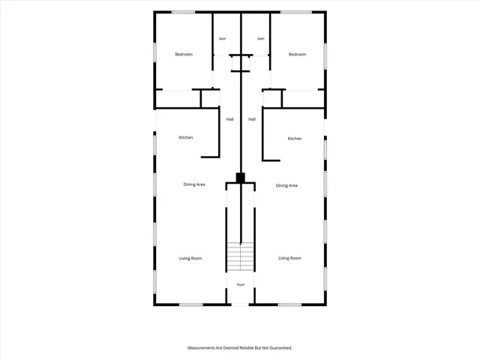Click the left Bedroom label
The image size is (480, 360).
coord(184,55)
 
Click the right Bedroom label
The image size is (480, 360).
coord(297,55)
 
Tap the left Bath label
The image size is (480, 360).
coord(222,39)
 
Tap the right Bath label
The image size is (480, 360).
coord(261,39)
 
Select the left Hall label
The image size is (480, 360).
coord(230,119)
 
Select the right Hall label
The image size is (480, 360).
coord(252,119)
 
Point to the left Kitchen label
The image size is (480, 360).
coord(186,138)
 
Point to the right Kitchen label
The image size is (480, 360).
coord(295,139)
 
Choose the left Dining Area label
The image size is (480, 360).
coord(194,184)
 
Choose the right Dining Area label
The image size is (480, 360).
coord(286,185)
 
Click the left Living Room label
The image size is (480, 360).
coord(190,259)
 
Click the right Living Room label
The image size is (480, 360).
coord(289,258)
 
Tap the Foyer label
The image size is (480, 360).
coord(241,285)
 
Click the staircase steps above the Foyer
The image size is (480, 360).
coord(240,256)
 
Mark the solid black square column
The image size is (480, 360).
coord(240,178)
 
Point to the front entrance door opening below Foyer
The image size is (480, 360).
coord(240,304)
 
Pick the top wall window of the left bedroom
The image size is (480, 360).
coord(183,12)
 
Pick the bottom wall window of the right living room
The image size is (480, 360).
coord(289,304)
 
